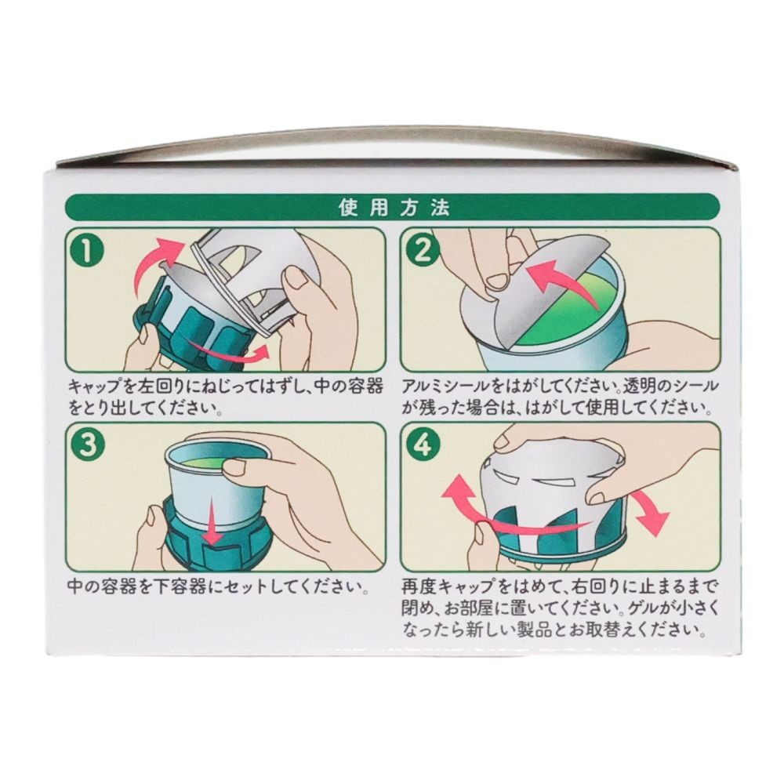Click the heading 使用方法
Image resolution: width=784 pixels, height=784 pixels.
pos(393,208)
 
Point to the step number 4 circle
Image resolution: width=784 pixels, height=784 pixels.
pos(423,445)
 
